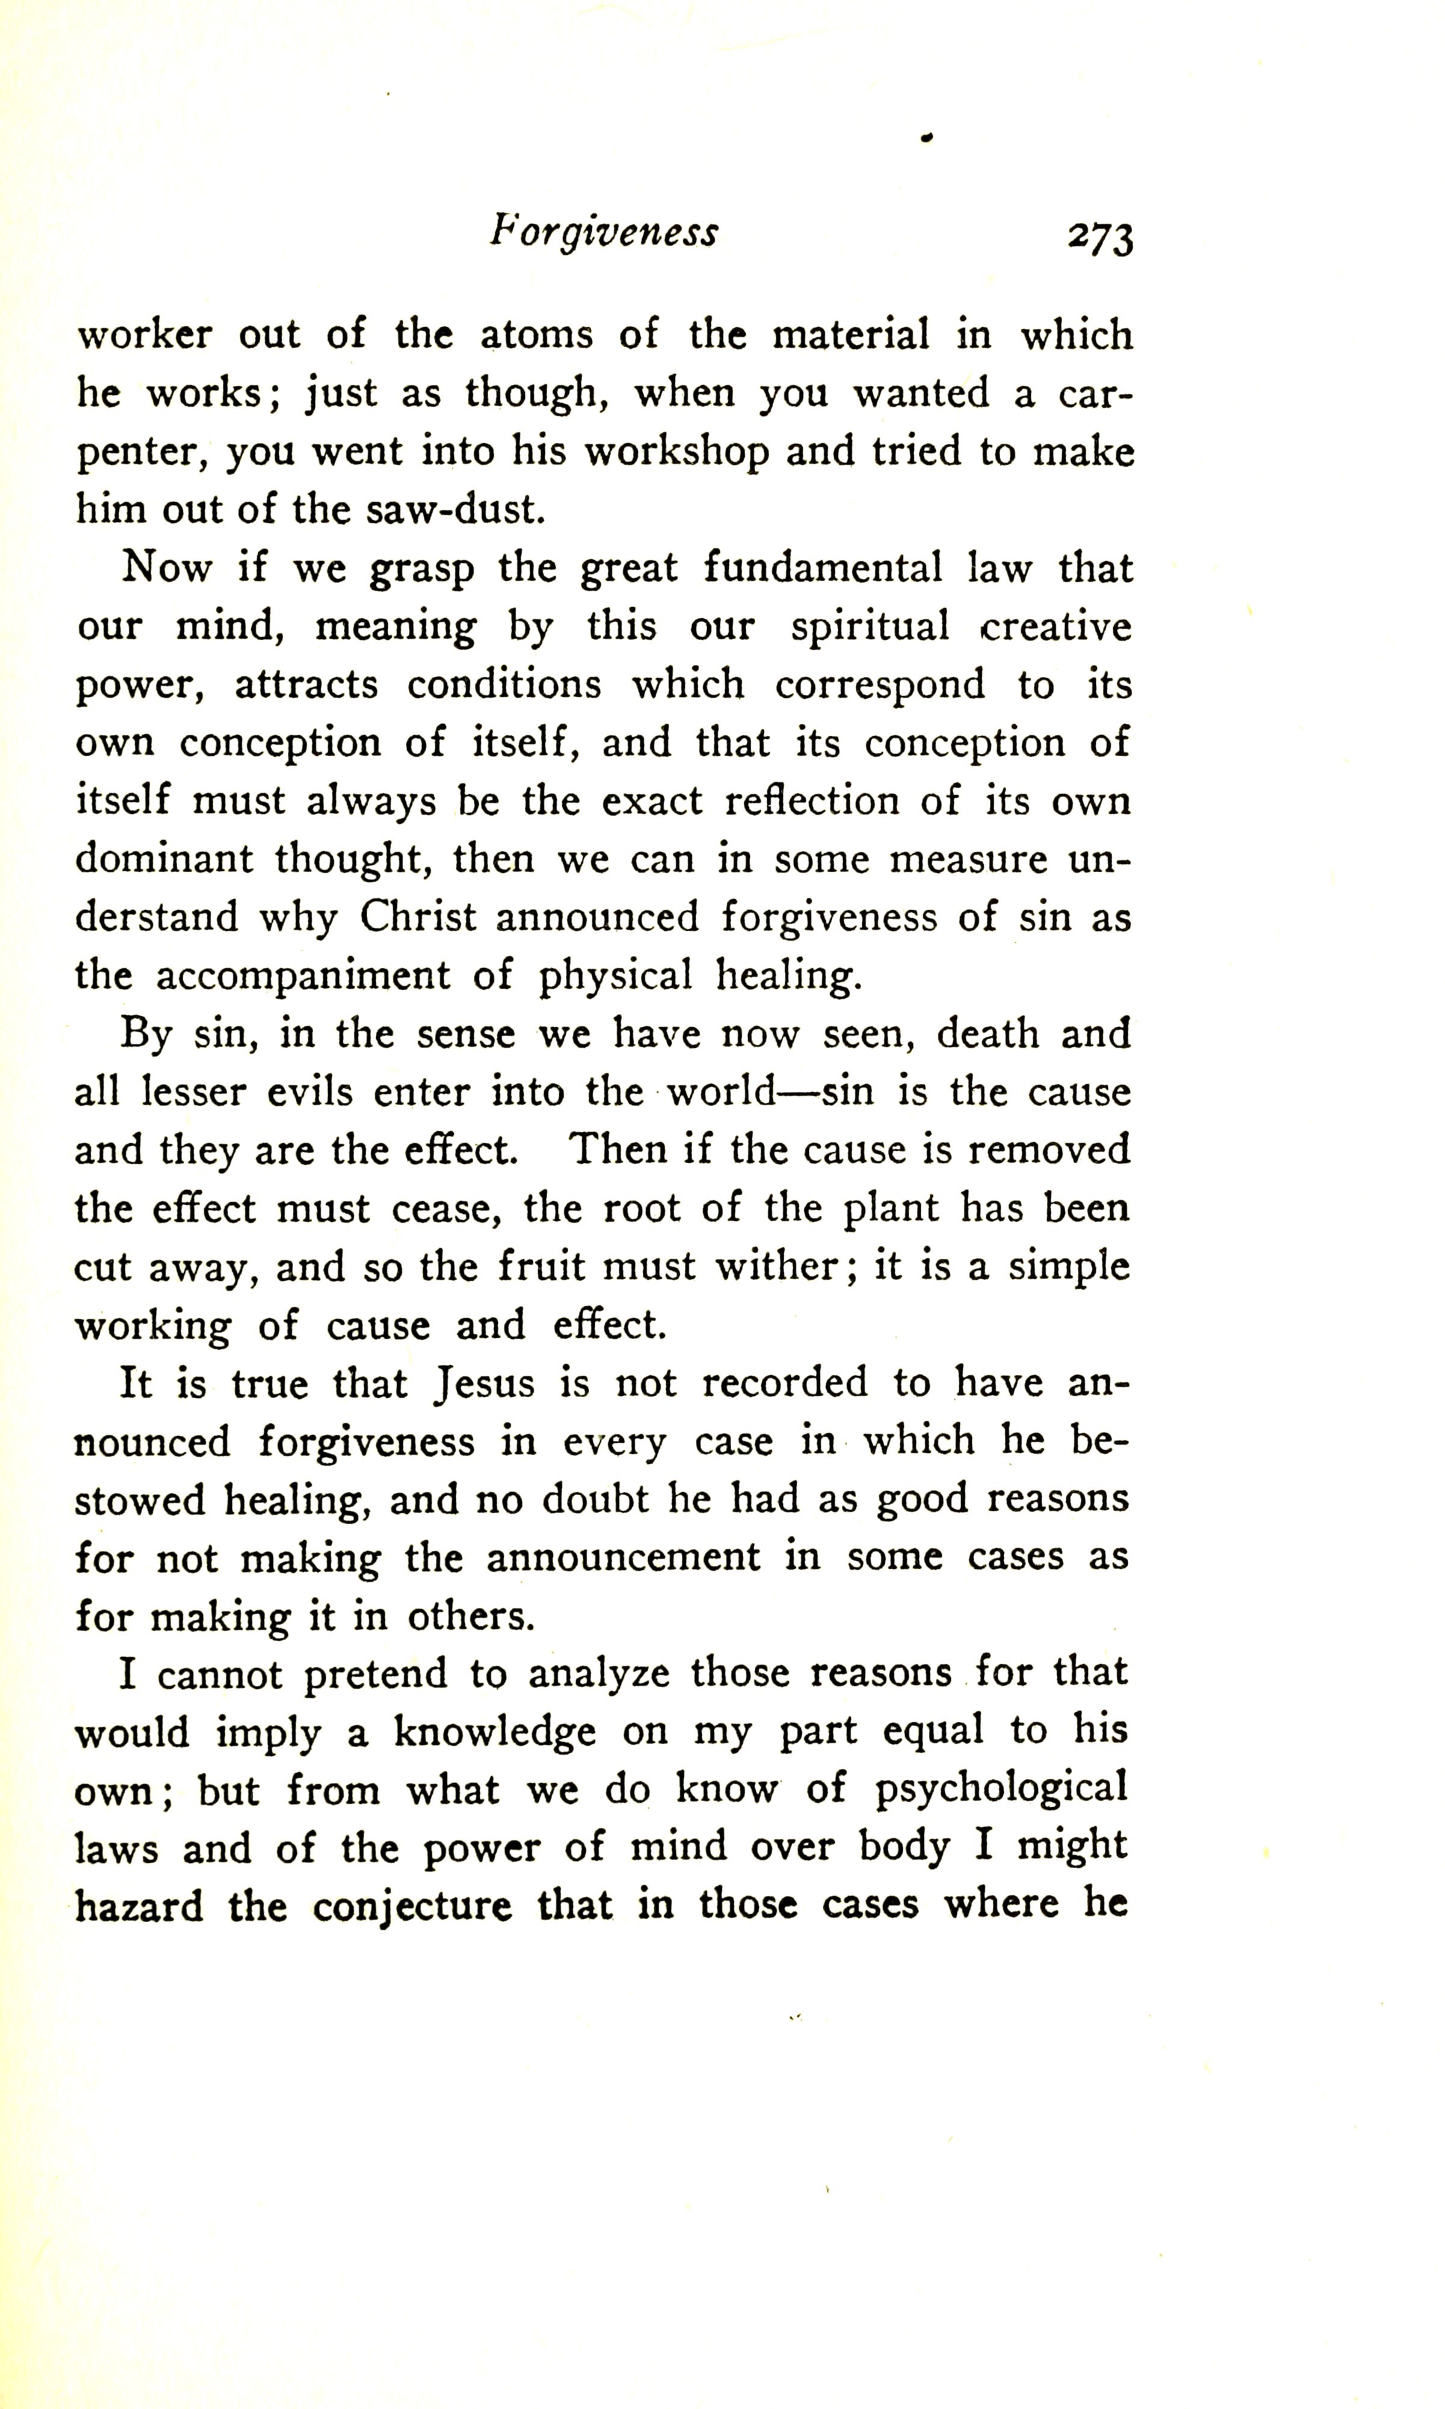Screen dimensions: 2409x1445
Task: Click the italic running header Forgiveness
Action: tap(604, 233)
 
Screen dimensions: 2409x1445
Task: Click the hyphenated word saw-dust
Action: tap(454, 510)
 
